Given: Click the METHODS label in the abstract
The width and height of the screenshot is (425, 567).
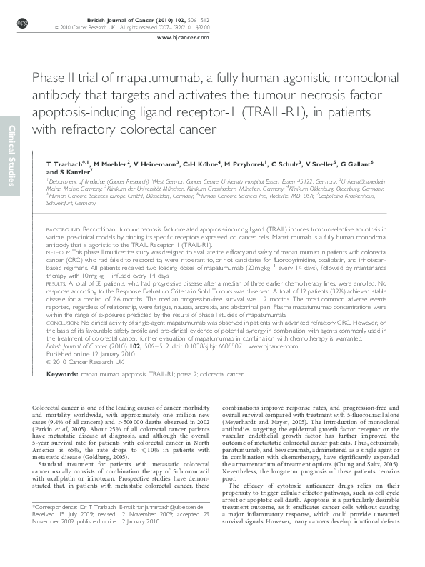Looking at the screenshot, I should pyautogui.click(x=58, y=253).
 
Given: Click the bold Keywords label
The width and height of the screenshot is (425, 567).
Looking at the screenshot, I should pyautogui.click(x=61, y=374).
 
